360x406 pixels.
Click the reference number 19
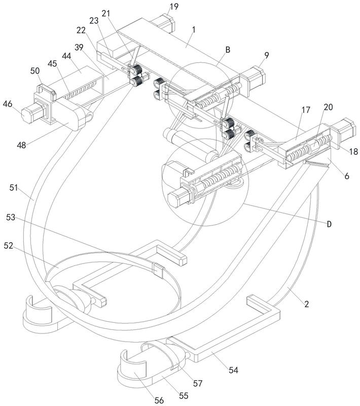[x=173, y=7]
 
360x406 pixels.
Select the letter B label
[x=228, y=50]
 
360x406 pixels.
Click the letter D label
[x=330, y=224]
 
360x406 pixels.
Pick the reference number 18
[x=353, y=151]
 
